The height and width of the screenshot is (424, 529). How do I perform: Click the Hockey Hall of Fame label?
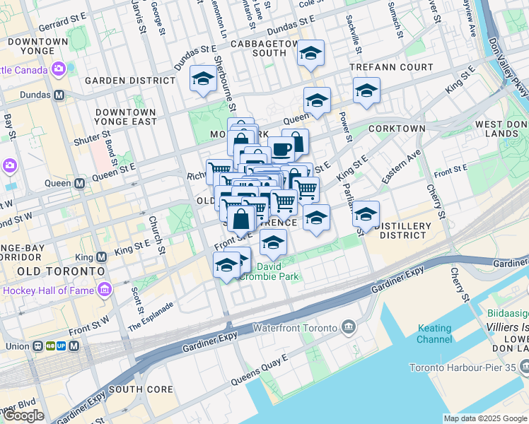pyautogui.click(x=48, y=290)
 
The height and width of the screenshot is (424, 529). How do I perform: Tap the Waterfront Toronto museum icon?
pyautogui.click(x=349, y=326)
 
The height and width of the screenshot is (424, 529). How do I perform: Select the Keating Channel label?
pyautogui.click(x=434, y=334)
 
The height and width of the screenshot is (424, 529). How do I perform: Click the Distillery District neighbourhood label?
pyautogui.click(x=405, y=230)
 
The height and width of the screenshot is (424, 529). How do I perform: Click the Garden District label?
pyautogui.click(x=129, y=81)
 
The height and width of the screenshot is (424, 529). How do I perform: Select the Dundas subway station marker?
pyautogui.click(x=59, y=95)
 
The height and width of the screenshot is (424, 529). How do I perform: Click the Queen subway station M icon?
pyautogui.click(x=80, y=183)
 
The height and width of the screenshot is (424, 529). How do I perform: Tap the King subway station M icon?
pyautogui.click(x=101, y=257)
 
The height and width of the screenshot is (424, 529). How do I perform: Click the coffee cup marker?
pyautogui.click(x=281, y=149)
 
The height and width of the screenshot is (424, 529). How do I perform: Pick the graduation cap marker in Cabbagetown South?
pyautogui.click(x=310, y=53)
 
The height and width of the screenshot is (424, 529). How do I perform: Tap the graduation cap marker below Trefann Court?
pyautogui.click(x=366, y=91)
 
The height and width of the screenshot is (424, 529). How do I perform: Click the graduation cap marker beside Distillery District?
pyautogui.click(x=366, y=213)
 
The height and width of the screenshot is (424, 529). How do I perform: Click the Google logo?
pyautogui.click(x=23, y=416)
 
